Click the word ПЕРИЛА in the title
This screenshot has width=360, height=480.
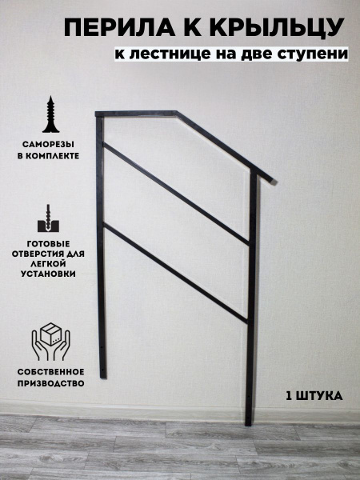(119, 27)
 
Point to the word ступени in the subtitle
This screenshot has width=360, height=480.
(312, 54)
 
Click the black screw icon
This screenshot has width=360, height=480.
(51, 114)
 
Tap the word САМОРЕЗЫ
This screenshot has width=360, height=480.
(48, 144)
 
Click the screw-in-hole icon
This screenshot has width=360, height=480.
(48, 218)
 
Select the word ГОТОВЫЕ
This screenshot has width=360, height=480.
(48, 244)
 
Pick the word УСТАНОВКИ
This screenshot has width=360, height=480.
(48, 274)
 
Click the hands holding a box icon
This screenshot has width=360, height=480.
(51, 342)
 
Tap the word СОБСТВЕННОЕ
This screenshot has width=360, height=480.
(50, 372)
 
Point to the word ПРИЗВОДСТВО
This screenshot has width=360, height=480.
(50, 383)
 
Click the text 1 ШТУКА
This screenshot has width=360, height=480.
(314, 396)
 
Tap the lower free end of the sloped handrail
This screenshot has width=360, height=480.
(274, 182)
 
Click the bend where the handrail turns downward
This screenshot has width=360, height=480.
(177, 114)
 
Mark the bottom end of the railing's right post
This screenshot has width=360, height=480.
(248, 424)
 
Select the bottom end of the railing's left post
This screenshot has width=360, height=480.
(103, 377)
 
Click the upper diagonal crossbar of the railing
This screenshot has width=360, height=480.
(176, 194)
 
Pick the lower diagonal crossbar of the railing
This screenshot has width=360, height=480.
(176, 273)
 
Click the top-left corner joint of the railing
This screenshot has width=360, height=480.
(99, 114)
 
